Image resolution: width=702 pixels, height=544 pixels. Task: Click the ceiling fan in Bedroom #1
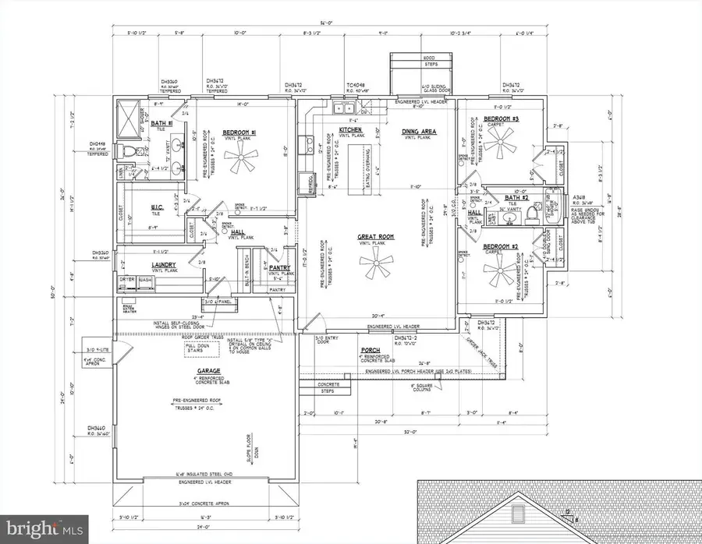coord(237,164)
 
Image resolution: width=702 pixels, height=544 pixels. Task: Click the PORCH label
coord(370,351)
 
